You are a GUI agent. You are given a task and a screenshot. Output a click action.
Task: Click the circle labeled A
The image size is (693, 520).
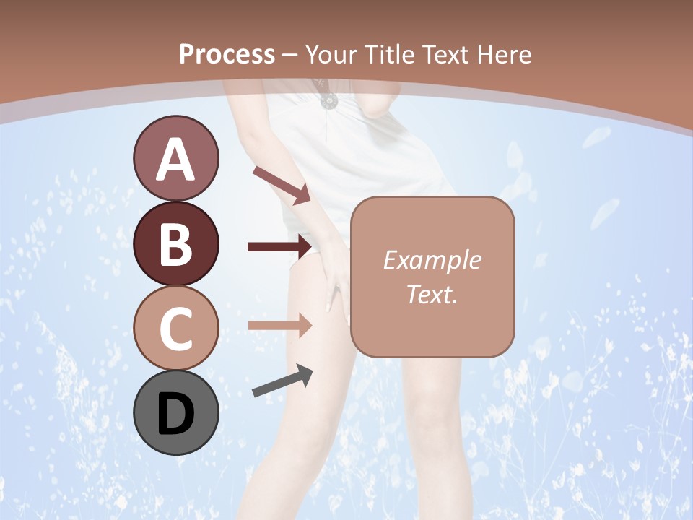[175, 158]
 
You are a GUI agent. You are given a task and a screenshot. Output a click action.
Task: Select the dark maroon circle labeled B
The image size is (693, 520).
[175, 243]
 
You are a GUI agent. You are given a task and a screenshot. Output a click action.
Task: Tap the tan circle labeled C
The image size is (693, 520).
[175, 328]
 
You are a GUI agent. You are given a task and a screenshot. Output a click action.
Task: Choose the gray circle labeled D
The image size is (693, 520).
[175, 412]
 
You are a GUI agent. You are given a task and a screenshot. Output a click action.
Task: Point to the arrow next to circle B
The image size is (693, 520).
[279, 247]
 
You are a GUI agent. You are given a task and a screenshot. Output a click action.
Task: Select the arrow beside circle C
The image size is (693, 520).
[279, 325]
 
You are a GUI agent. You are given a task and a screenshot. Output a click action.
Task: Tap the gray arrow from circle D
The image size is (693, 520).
[282, 381]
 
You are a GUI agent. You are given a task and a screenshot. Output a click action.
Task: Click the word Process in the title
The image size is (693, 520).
[227, 54]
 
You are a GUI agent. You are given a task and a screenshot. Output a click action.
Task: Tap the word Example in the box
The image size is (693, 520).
[432, 260]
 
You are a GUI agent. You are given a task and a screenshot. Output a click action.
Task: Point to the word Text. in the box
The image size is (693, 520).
[432, 294]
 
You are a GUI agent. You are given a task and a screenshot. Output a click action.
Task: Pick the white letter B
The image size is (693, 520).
[175, 244]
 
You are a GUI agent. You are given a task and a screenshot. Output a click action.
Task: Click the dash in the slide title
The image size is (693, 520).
[290, 55]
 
